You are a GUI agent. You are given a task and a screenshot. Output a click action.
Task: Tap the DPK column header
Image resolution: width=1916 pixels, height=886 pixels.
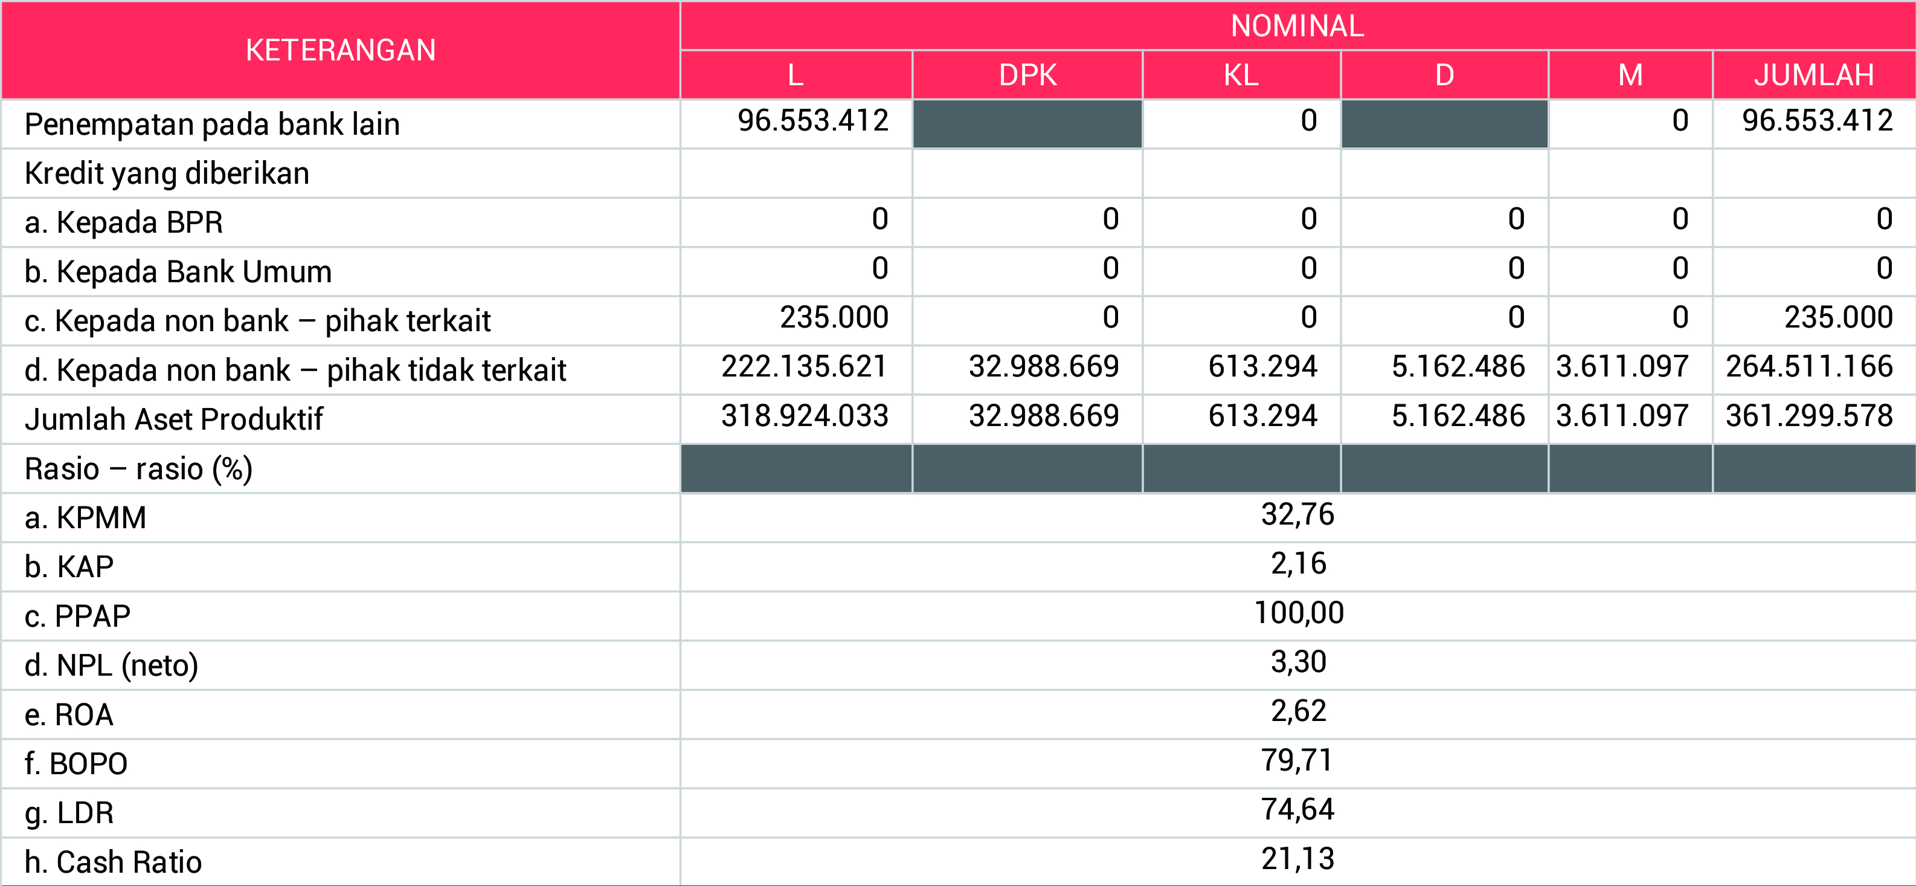point(1027,75)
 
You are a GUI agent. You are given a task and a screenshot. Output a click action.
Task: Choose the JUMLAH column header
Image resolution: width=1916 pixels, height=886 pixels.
point(1813,75)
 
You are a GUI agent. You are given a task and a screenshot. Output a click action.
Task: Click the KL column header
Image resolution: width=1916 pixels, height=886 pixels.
point(1241,75)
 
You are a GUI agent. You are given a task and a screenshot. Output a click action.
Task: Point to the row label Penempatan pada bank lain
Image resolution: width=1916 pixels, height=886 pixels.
point(212,124)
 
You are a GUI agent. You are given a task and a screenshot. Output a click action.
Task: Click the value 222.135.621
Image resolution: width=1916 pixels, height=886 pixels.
point(804,367)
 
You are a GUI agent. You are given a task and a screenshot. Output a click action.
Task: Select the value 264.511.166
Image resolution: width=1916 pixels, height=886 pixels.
point(1809,367)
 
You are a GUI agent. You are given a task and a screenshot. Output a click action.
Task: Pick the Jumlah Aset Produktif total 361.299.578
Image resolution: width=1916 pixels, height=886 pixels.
point(1809,416)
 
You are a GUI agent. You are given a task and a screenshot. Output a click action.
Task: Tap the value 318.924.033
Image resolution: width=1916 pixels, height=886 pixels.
point(804,416)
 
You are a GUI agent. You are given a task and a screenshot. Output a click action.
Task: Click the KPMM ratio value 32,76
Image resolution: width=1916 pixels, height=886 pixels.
point(1297,515)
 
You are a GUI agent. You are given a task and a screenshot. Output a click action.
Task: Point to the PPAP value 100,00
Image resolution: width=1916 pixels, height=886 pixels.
point(1299,613)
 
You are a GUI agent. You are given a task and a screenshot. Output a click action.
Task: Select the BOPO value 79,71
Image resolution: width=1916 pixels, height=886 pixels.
point(1297,760)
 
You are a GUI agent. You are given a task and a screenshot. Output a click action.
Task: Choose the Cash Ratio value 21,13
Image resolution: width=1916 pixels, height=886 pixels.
point(1297,859)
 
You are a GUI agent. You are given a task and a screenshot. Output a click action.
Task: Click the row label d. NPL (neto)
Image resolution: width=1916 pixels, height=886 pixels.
point(112,665)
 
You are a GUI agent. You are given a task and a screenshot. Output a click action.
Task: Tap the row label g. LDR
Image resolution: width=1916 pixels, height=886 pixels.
point(69,813)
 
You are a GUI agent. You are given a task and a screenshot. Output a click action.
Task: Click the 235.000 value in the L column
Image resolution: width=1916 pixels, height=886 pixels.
point(834,318)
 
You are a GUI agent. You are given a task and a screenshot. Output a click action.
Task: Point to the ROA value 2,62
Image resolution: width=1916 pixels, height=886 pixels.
point(1298,711)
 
